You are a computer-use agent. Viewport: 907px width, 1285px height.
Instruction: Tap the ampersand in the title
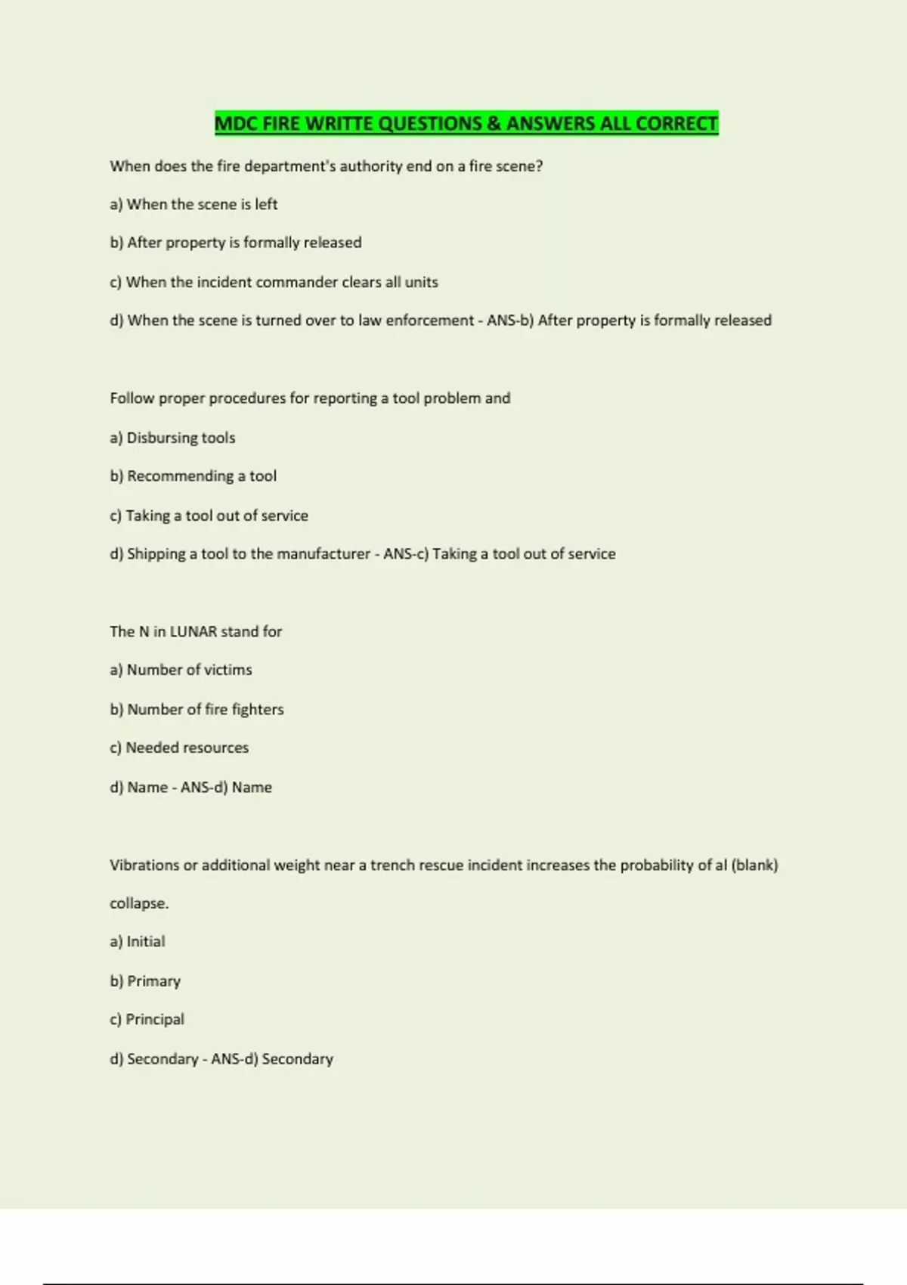point(494,123)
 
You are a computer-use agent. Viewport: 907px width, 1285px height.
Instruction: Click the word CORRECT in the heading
point(676,123)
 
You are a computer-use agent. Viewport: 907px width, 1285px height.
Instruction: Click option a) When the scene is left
point(193,204)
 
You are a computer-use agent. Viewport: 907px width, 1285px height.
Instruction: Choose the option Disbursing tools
point(173,438)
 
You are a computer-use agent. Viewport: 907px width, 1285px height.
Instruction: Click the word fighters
point(258,709)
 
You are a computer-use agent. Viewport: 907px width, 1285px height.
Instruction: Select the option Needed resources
point(179,748)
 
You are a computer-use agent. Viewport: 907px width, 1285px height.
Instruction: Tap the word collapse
point(138,903)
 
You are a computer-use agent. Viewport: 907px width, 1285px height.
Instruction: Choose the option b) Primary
point(145,981)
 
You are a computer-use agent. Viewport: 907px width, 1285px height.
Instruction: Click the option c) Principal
point(147,1020)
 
